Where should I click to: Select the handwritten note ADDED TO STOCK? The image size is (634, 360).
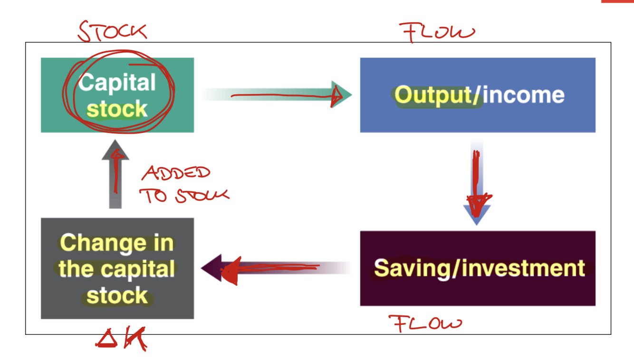(x=183, y=185)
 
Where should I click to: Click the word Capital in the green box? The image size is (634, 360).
(x=117, y=83)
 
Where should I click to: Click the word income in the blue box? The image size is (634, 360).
(x=524, y=95)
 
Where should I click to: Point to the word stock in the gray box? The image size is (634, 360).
(x=117, y=295)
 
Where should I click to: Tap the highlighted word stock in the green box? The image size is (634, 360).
(x=117, y=110)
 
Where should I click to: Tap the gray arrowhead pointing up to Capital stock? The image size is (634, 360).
(x=115, y=150)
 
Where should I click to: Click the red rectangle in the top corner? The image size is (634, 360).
(x=617, y=1)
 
